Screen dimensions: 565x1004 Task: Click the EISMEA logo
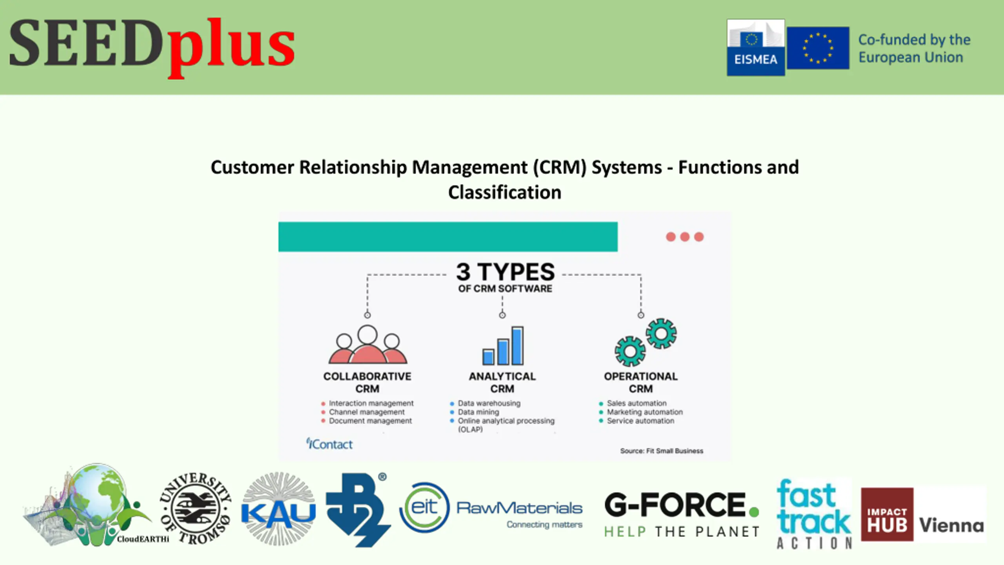(x=755, y=47)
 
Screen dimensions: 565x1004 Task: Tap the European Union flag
(x=818, y=48)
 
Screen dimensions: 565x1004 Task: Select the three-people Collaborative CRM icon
(x=367, y=345)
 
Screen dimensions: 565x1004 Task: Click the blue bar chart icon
(x=503, y=346)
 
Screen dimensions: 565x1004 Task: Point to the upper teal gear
(x=661, y=334)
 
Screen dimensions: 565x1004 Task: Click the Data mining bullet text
(x=478, y=412)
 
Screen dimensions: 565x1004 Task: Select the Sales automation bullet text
(x=637, y=403)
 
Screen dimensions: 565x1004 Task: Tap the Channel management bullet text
(x=367, y=412)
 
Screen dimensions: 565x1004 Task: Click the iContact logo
(x=329, y=444)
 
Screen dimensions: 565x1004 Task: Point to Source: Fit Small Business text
(x=662, y=451)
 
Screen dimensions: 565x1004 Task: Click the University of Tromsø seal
(x=195, y=508)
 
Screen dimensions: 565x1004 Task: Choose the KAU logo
(x=278, y=509)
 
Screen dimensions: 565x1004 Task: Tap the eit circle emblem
(x=424, y=508)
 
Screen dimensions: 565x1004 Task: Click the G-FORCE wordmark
(x=675, y=505)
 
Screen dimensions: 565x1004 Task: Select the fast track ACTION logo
(x=814, y=513)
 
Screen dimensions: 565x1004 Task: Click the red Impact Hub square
(x=887, y=514)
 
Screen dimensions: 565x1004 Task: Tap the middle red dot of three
(x=685, y=237)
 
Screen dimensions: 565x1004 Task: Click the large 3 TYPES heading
(x=505, y=272)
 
